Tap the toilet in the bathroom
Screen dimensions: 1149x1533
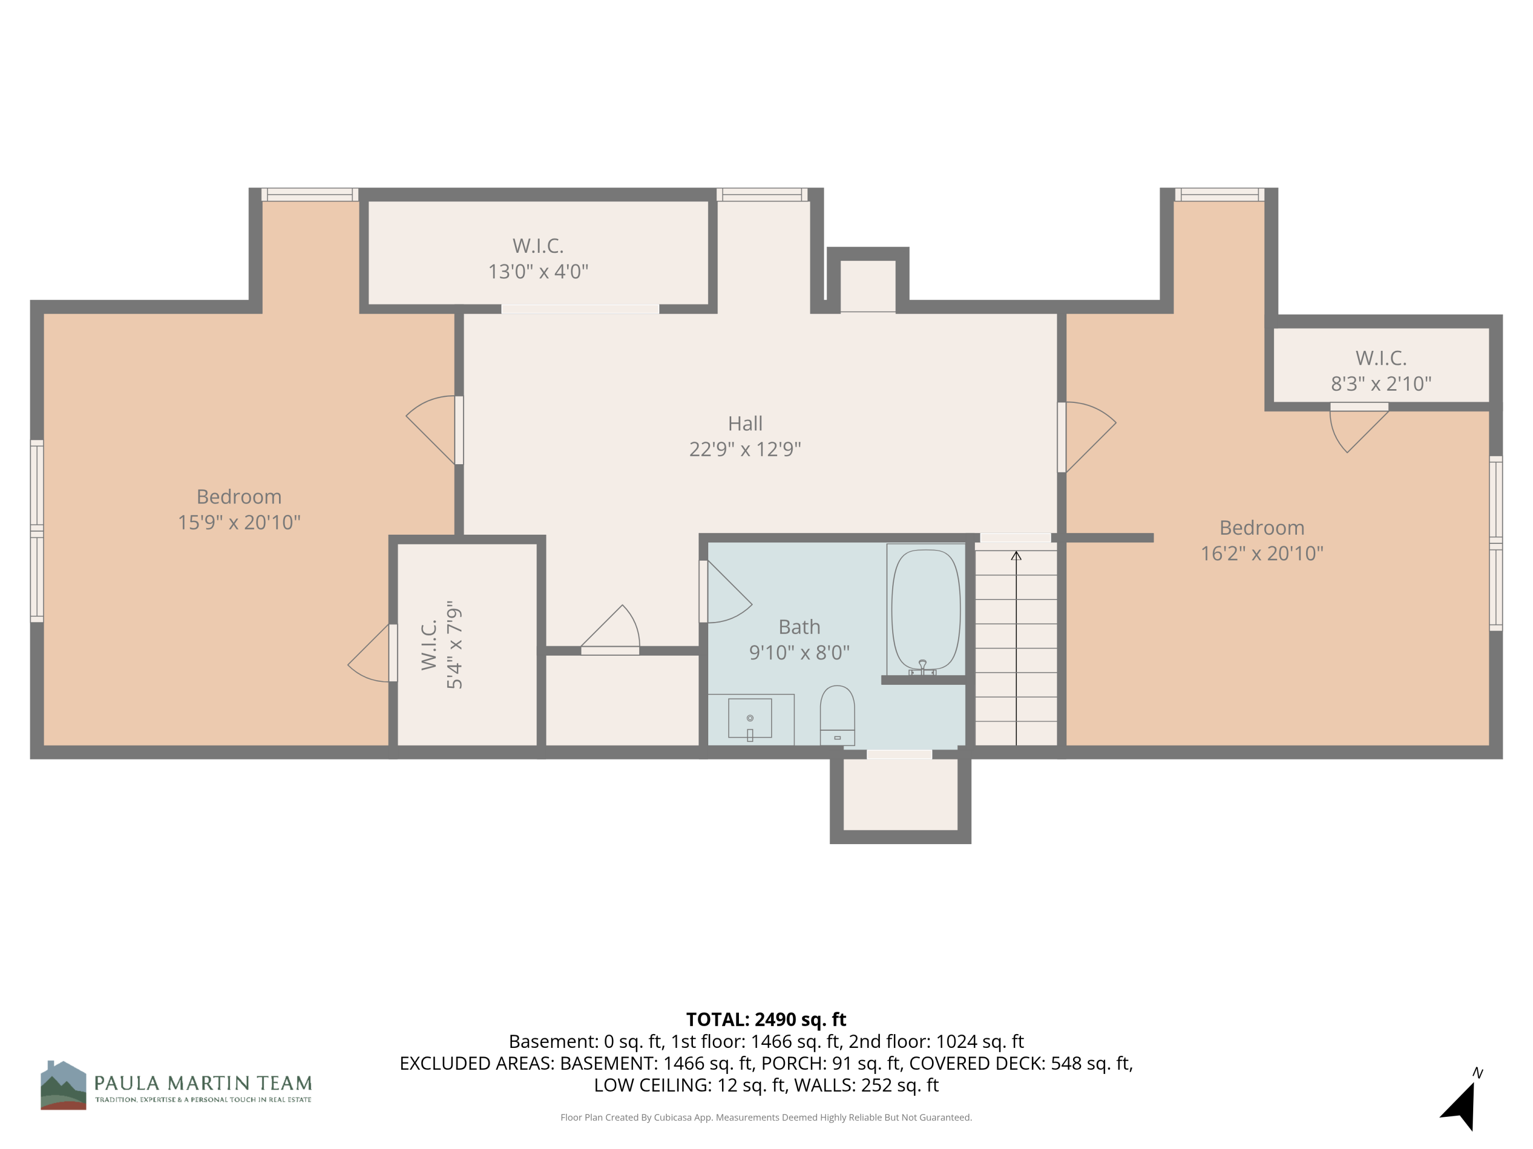837,713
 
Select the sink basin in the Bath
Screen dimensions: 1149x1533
750,718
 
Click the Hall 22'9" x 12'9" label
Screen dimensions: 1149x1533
745,436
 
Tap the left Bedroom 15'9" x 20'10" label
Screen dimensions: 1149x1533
239,509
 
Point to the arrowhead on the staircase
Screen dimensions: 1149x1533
1016,556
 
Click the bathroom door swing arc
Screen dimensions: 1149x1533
731,595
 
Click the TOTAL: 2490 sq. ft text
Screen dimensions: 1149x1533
766,1019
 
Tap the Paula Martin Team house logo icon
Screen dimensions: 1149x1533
63,1085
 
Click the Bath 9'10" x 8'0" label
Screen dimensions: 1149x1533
799,639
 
